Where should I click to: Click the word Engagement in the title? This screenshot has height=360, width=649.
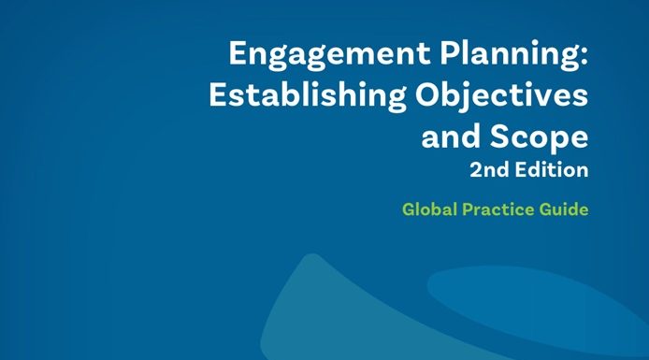click(329, 55)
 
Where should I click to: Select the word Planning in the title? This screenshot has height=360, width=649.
click(508, 55)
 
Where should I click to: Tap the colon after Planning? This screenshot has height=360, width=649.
click(584, 57)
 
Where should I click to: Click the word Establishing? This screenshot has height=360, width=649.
click(308, 96)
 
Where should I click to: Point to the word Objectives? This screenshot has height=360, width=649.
click(501, 97)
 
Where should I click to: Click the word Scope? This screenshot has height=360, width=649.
click(539, 137)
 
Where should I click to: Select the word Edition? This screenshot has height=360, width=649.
click(552, 169)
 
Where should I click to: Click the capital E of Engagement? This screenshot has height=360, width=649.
click(238, 53)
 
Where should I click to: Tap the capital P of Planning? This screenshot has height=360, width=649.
click(450, 53)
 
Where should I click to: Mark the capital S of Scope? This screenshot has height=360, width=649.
click(499, 136)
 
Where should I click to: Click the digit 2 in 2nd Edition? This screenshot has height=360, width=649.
click(476, 170)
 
